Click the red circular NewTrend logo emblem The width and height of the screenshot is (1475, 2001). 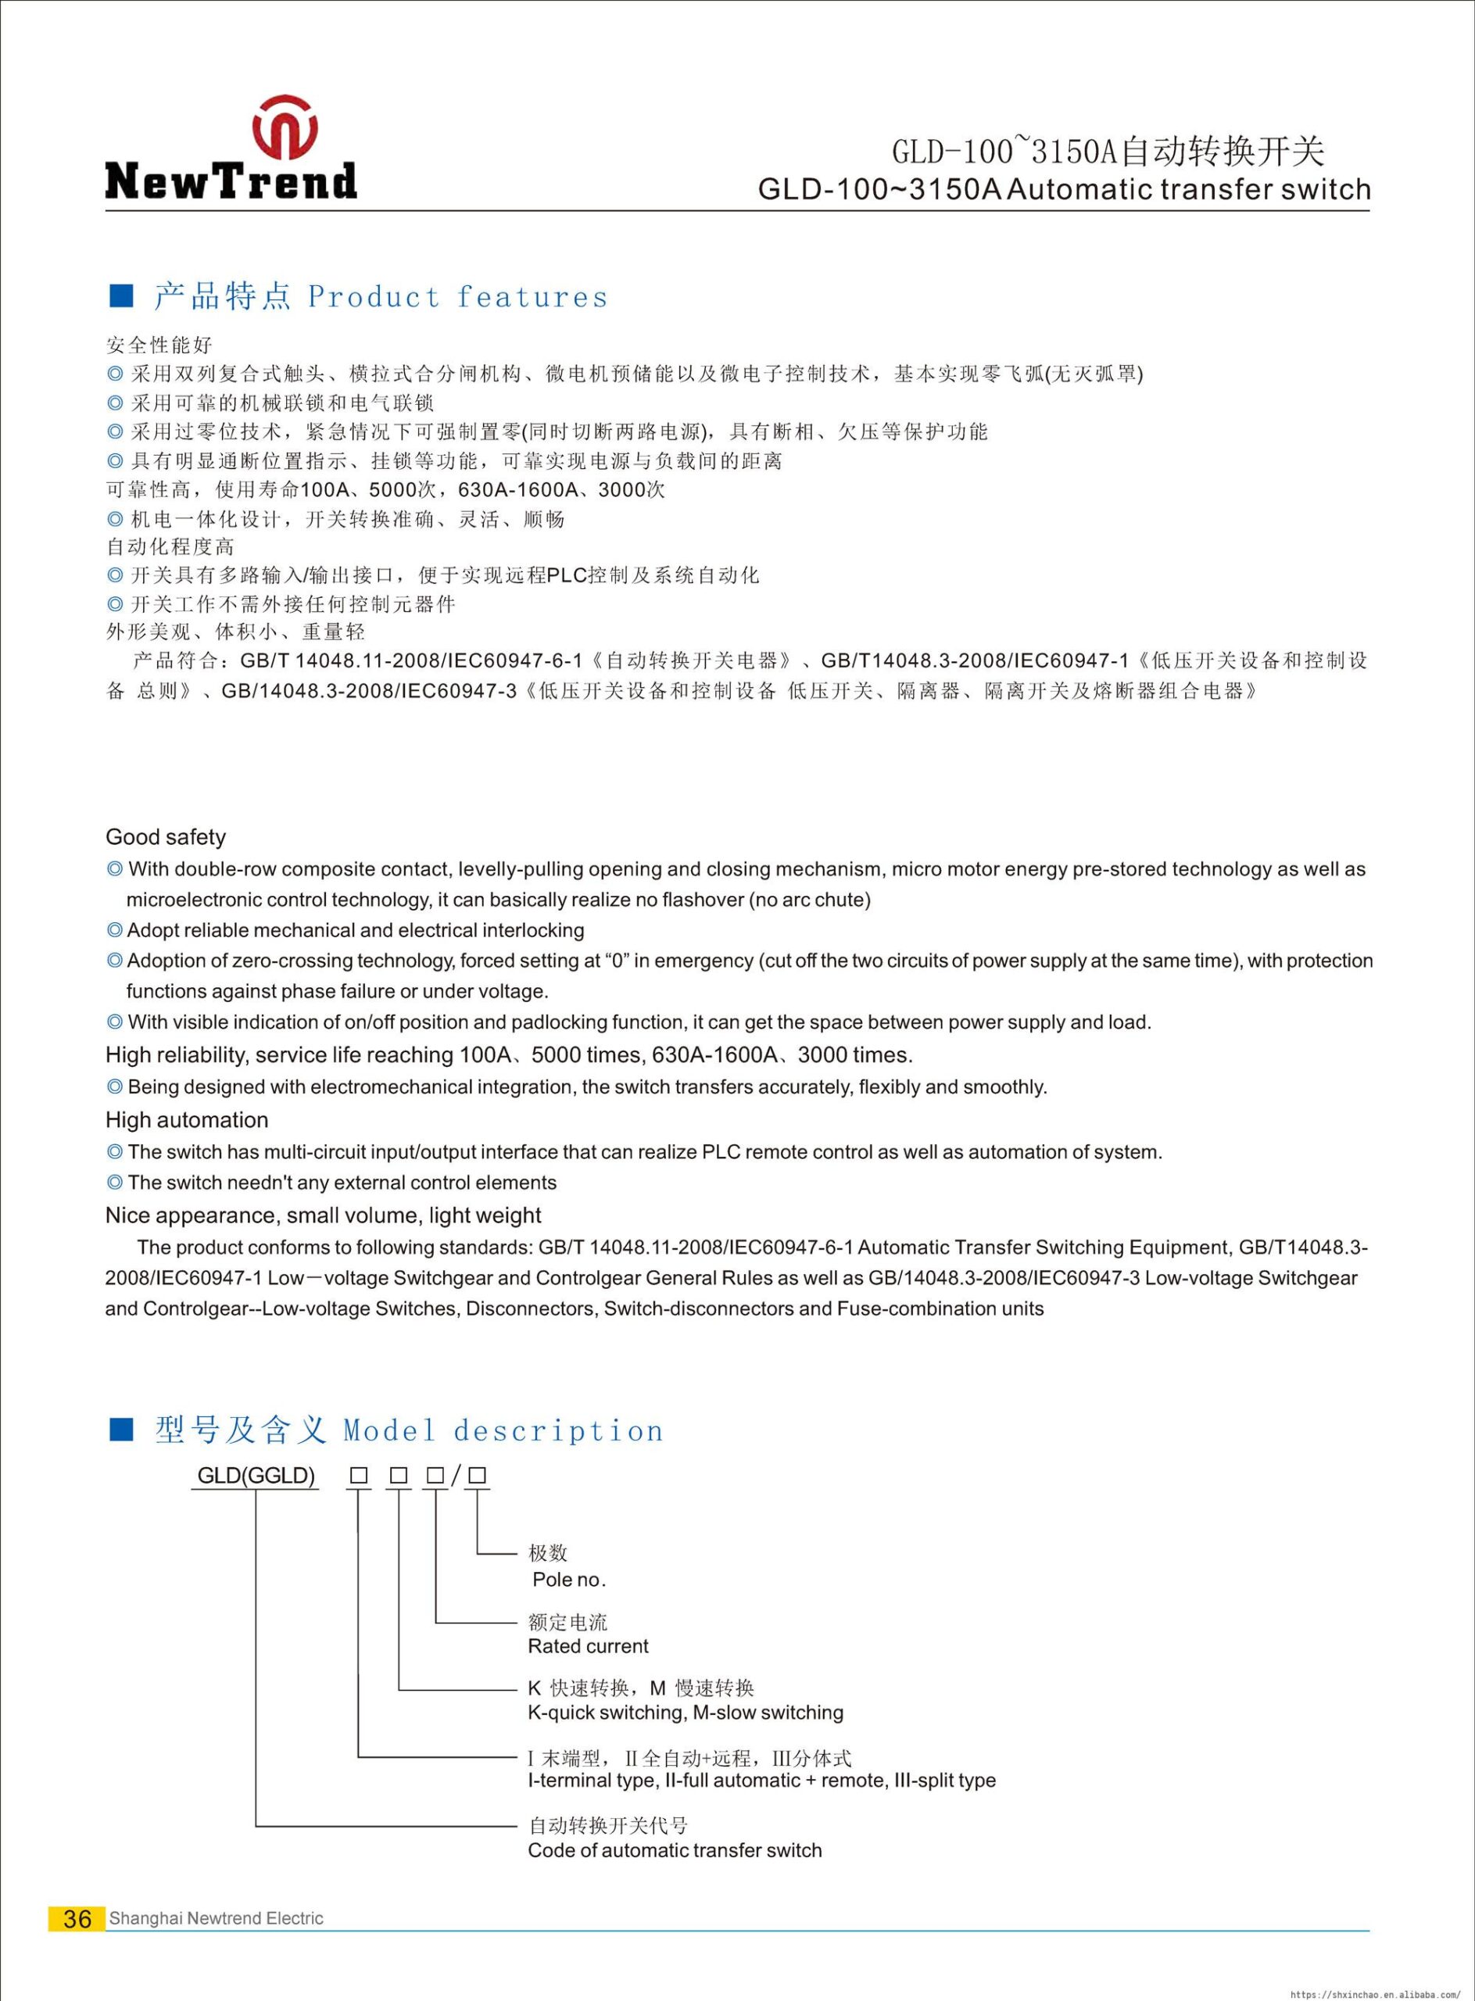point(285,126)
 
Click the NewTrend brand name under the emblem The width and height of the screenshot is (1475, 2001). point(231,181)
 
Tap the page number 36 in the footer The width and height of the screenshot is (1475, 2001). point(77,1918)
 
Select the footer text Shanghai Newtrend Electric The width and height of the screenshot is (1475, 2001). point(216,1918)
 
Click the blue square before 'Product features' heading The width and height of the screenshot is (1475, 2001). point(120,295)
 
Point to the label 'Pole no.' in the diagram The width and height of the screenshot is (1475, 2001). point(569,1579)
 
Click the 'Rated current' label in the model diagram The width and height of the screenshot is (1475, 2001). point(589,1645)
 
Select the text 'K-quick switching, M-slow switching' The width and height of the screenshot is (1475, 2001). point(685,1712)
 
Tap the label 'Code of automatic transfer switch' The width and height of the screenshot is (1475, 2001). point(674,1849)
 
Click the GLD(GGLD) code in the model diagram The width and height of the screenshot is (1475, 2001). point(256,1475)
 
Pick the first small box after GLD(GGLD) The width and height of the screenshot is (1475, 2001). point(359,1476)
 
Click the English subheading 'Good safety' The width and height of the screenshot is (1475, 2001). point(165,836)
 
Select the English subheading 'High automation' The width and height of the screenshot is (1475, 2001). point(187,1120)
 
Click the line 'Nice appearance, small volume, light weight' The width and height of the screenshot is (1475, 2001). point(323,1215)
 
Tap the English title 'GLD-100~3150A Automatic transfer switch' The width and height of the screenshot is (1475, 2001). point(1063,189)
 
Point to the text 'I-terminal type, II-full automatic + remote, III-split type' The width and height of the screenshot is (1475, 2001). point(761,1780)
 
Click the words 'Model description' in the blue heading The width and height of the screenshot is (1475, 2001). point(503,1430)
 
